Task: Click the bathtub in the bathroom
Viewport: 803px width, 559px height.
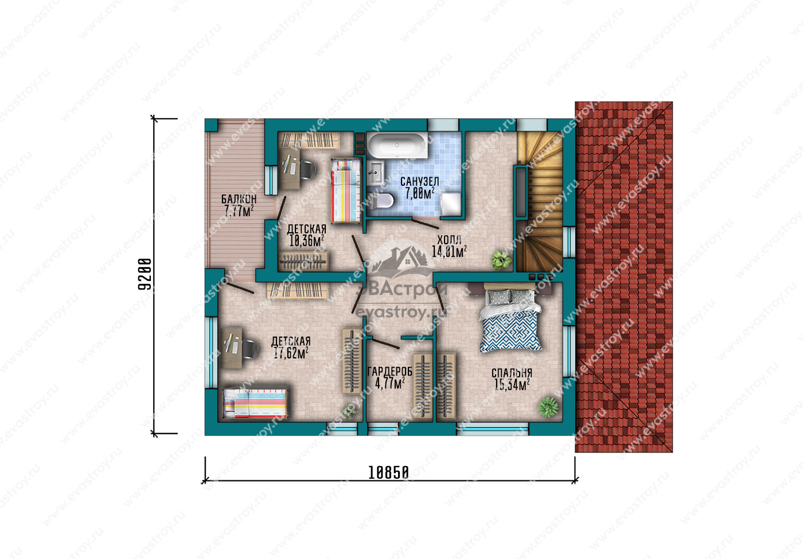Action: (x=397, y=145)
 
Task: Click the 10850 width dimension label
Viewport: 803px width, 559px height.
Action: (x=389, y=472)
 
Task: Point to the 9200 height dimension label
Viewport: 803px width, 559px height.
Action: (x=145, y=274)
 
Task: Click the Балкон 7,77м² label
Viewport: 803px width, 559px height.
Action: (x=239, y=205)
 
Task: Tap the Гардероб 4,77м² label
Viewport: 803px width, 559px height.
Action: (x=389, y=378)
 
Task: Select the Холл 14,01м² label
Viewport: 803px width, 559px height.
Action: (x=449, y=246)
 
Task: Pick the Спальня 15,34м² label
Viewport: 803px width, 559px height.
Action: (x=512, y=379)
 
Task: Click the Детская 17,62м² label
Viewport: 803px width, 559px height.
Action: (x=291, y=347)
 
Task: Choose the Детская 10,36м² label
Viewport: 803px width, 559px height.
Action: (x=306, y=235)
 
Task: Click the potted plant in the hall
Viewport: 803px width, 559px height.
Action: (x=501, y=260)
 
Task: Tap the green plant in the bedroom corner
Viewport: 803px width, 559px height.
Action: (x=548, y=406)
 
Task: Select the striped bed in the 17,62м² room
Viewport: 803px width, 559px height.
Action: (x=255, y=404)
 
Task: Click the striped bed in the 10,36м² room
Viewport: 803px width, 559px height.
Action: (x=345, y=190)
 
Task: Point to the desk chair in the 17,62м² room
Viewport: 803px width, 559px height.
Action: (x=249, y=349)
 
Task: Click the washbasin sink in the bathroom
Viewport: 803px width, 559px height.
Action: (x=375, y=173)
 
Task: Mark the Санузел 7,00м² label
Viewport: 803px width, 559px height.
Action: (x=419, y=187)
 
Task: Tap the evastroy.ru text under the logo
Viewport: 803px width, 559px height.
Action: (x=401, y=312)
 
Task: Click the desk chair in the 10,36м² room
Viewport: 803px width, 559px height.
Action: (x=307, y=170)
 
